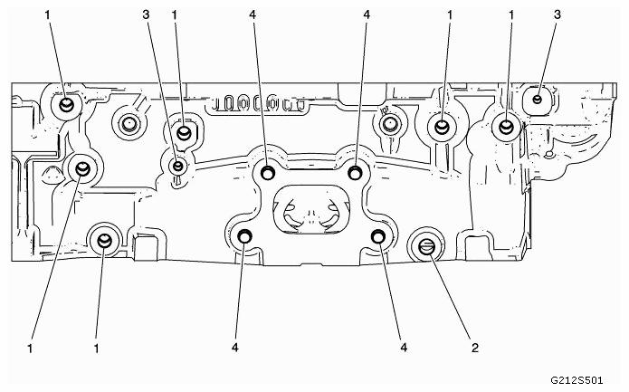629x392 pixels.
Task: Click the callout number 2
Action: [x=475, y=348]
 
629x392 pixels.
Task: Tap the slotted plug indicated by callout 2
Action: [x=426, y=245]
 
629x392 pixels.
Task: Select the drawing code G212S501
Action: [x=576, y=379]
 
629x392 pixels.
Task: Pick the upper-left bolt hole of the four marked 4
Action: [x=267, y=173]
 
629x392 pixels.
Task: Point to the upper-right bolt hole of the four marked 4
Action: [x=355, y=173]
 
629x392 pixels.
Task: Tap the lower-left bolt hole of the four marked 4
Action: [x=244, y=237]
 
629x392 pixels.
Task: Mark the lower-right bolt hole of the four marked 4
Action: [x=377, y=237]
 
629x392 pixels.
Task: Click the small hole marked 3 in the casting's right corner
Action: [x=538, y=99]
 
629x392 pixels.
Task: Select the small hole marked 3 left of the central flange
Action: [x=177, y=166]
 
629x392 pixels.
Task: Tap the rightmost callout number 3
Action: [x=558, y=14]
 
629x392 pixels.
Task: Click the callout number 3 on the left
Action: [x=146, y=14]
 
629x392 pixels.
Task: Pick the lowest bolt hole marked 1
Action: [x=104, y=240]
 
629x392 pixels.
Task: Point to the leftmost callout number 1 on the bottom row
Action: [x=30, y=349]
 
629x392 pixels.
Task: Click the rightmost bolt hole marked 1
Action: [x=506, y=127]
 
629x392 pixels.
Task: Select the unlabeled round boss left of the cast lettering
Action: [x=129, y=123]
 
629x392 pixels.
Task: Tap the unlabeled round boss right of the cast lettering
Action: [x=388, y=123]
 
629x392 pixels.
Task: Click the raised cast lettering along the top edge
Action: [x=258, y=102]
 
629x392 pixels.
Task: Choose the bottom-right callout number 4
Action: [x=404, y=348]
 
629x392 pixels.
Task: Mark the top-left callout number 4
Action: [x=253, y=14]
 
